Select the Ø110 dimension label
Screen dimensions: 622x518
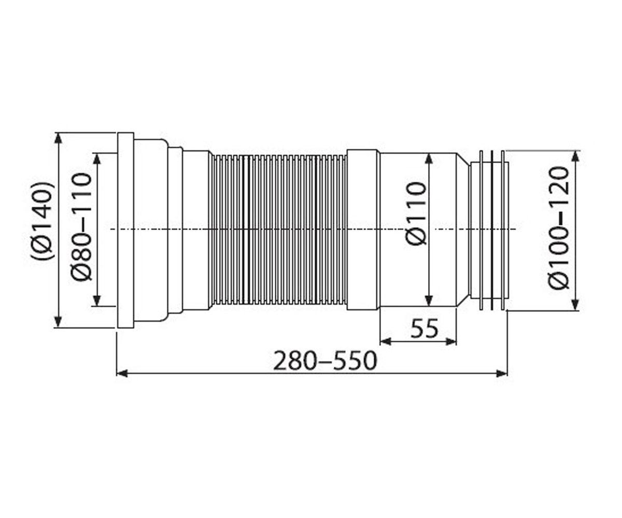pyautogui.click(x=416, y=214)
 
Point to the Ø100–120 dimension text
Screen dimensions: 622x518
pyautogui.click(x=559, y=228)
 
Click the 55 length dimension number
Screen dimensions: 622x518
pyautogui.click(x=425, y=328)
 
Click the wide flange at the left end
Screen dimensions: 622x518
pyautogui.click(x=125, y=230)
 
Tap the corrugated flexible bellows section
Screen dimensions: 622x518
pyautogui.click(x=279, y=229)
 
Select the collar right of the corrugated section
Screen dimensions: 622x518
pyautogui.click(x=363, y=229)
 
